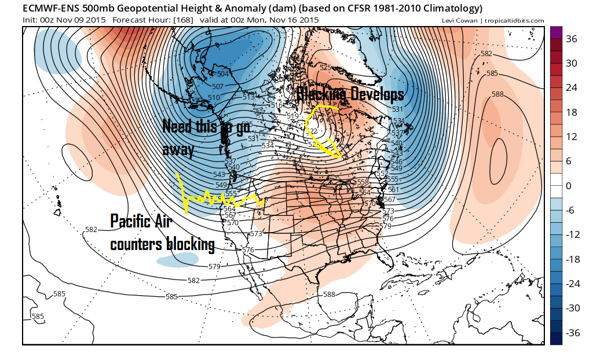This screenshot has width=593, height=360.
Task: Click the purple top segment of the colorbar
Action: coord(555,32)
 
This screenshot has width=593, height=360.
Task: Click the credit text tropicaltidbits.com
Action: coord(515,21)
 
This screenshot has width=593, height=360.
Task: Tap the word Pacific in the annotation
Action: coord(134,221)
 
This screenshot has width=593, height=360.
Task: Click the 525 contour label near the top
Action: coord(325,68)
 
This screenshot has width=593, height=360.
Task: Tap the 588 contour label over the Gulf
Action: coord(329,294)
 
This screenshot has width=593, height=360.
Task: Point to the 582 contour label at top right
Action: coord(486,54)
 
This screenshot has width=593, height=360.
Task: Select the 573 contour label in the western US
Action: coord(257,233)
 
